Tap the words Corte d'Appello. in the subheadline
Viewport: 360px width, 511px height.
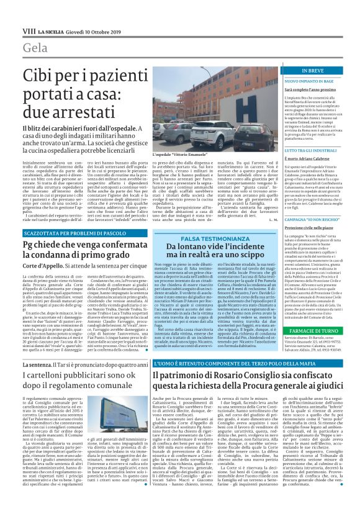tap(43, 265)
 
